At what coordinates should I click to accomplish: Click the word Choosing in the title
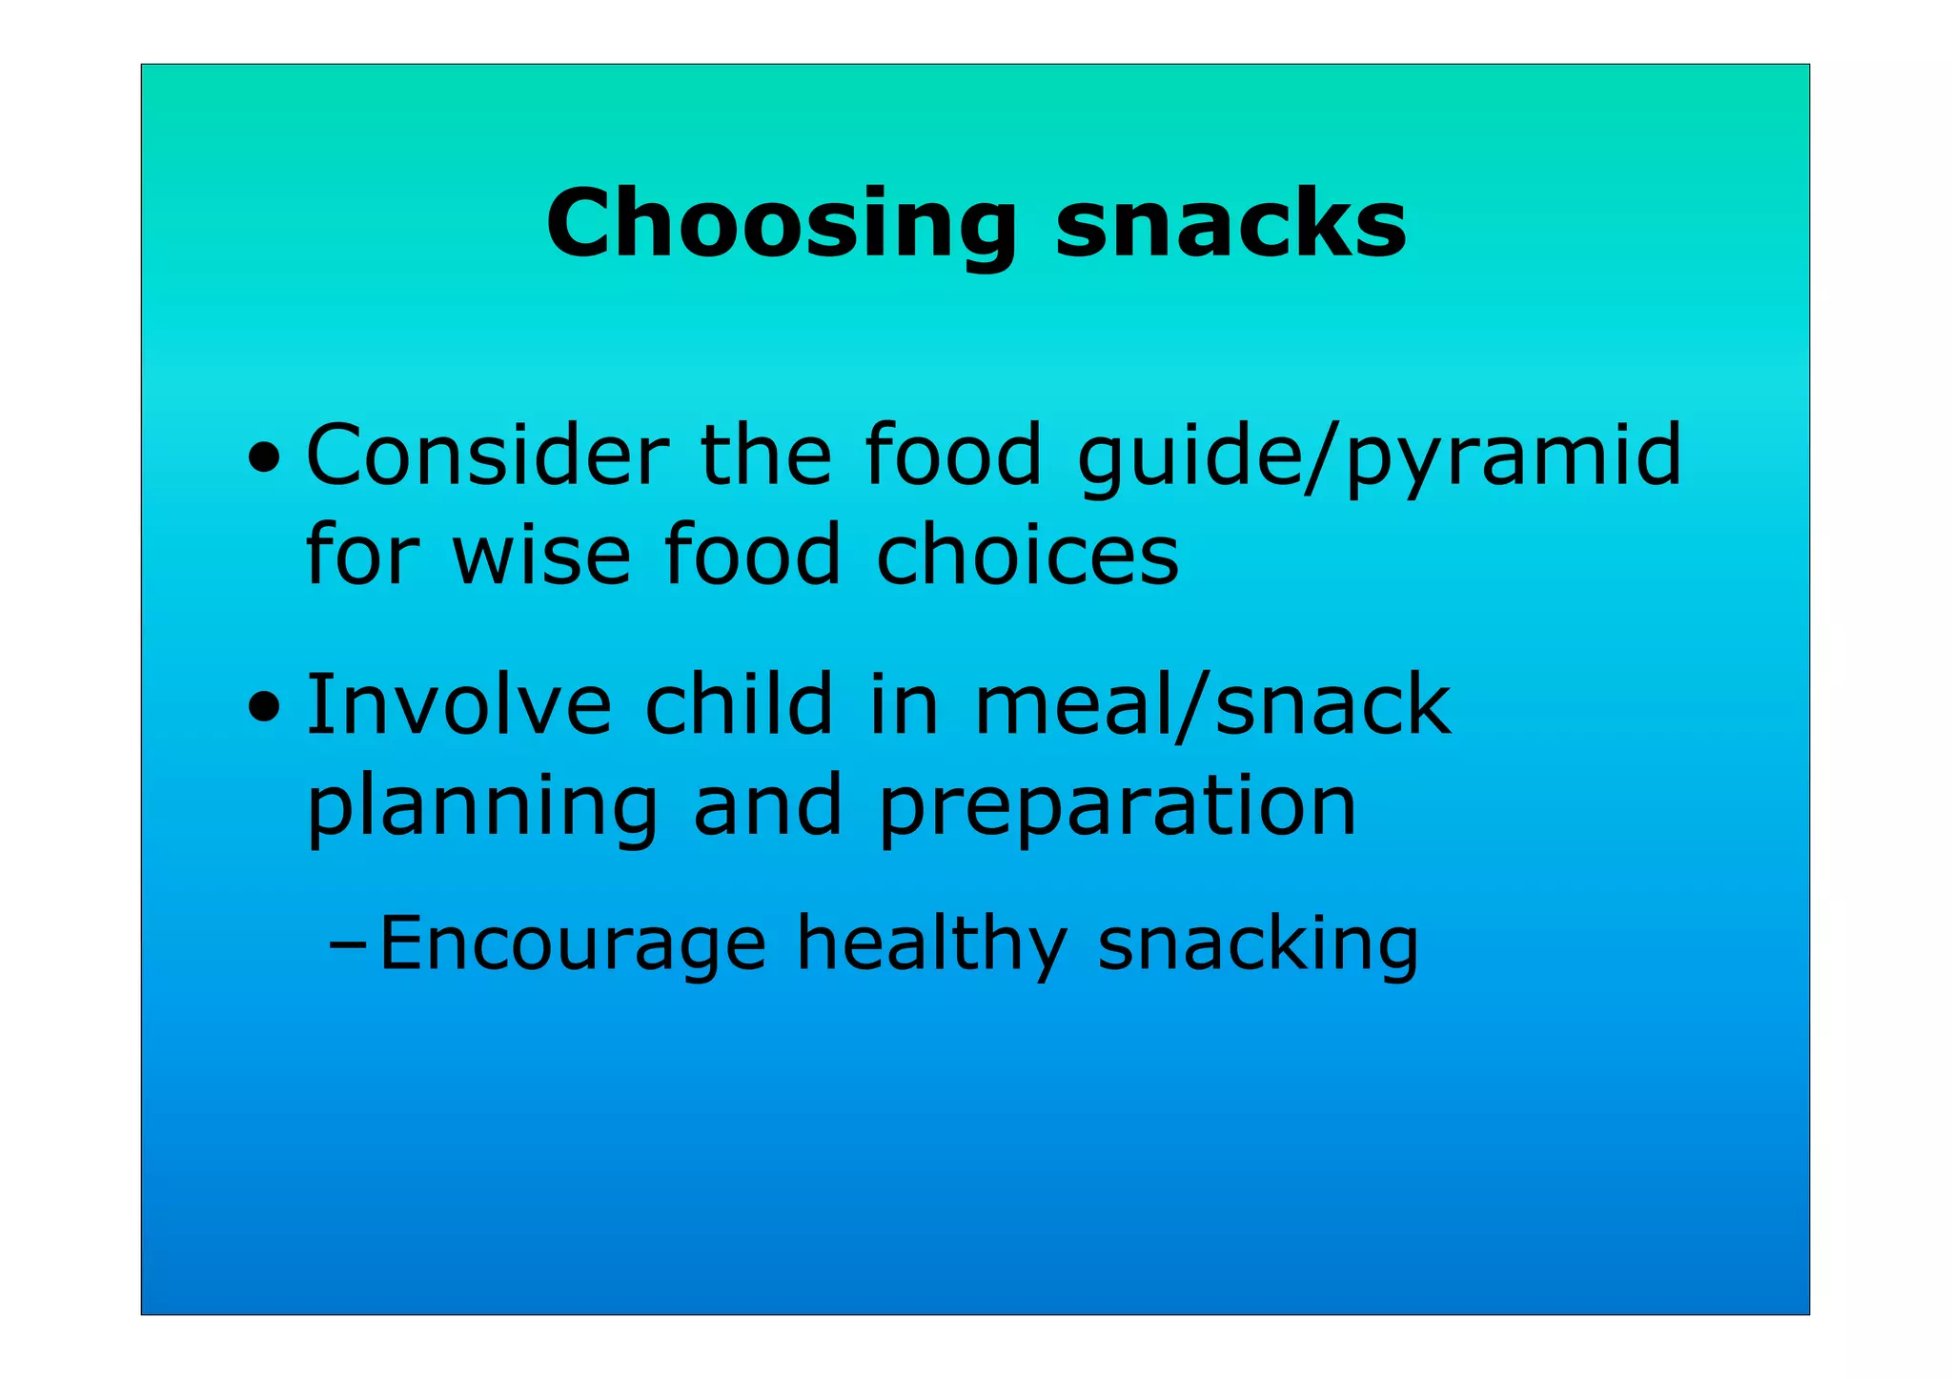pos(781,225)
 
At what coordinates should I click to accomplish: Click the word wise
pos(541,555)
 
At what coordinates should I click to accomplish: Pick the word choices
pos(1027,555)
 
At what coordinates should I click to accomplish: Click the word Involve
pos(458,705)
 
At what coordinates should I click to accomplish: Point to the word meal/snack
pos(1211,705)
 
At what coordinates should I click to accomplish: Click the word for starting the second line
pos(361,555)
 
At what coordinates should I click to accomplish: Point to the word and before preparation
pos(768,805)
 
